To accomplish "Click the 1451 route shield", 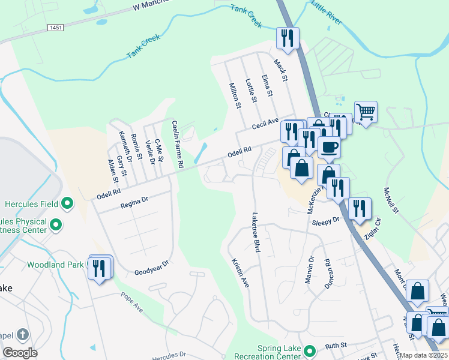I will (56, 28).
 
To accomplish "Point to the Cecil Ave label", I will (265, 125).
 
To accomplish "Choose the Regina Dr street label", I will (134, 201).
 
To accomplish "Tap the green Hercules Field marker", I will (67, 204).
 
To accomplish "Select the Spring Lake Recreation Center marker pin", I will (309, 351).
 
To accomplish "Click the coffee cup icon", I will (328, 147).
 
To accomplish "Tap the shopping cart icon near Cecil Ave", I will (366, 112).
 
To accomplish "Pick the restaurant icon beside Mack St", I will (288, 38).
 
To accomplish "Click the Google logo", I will (20, 352).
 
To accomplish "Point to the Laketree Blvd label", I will (256, 232).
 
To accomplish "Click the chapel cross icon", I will (22, 334).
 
